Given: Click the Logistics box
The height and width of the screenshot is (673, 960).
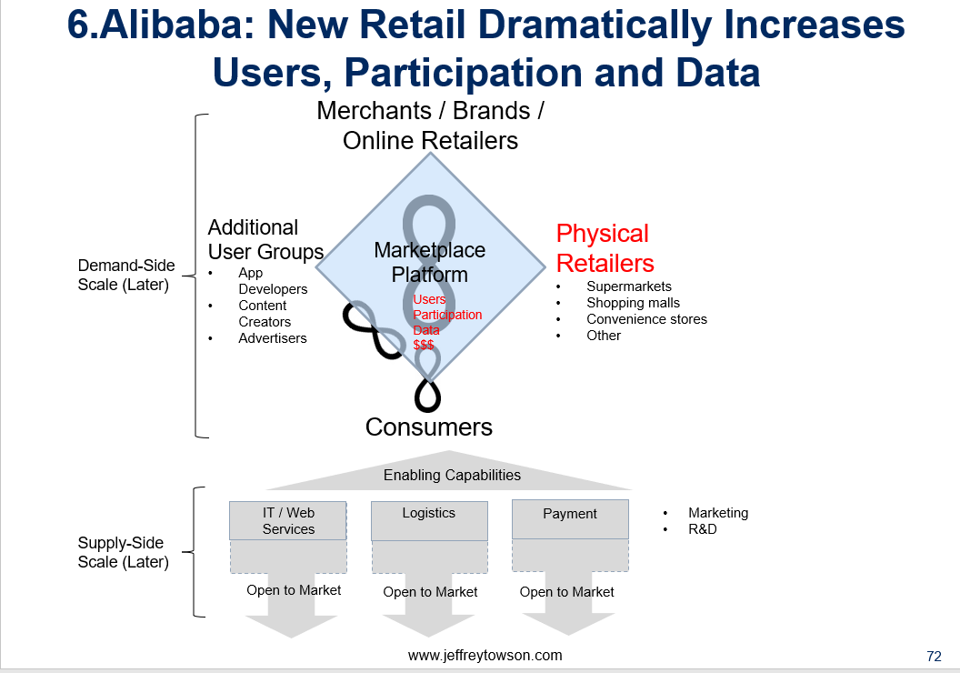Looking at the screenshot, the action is (x=429, y=521).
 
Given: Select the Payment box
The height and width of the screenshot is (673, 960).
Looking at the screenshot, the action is (x=570, y=519).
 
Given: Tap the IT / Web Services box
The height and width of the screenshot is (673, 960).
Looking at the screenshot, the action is (x=288, y=520).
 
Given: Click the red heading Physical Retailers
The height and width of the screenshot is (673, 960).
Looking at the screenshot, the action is (x=605, y=248).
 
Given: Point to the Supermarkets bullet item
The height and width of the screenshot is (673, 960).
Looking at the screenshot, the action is (x=629, y=286).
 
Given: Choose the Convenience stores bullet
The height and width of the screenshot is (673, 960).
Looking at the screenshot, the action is (x=646, y=319).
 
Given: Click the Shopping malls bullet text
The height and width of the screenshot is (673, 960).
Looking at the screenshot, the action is (x=633, y=303).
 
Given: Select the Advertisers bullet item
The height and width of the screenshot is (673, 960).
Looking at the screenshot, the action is (x=273, y=338).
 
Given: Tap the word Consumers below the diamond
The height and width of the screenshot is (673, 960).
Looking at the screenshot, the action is (x=428, y=427).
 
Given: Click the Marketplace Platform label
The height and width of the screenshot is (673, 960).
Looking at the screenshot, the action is (x=430, y=262).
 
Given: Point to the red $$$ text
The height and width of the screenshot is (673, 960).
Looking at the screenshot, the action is (x=424, y=345).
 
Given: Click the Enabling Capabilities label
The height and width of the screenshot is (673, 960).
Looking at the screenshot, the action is (x=452, y=475).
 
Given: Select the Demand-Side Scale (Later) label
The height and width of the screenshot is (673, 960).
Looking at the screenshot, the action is (x=125, y=275).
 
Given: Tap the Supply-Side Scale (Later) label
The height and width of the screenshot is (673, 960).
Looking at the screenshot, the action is (x=123, y=552).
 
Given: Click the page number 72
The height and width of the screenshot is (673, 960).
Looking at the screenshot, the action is (x=934, y=657).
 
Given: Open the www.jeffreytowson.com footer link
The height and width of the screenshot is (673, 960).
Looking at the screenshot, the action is (x=485, y=655).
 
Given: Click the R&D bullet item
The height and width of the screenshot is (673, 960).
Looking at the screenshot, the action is (x=702, y=529).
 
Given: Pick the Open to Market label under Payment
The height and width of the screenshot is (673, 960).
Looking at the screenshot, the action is (x=567, y=591).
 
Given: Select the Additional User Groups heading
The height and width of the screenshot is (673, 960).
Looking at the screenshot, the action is (x=265, y=239).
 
